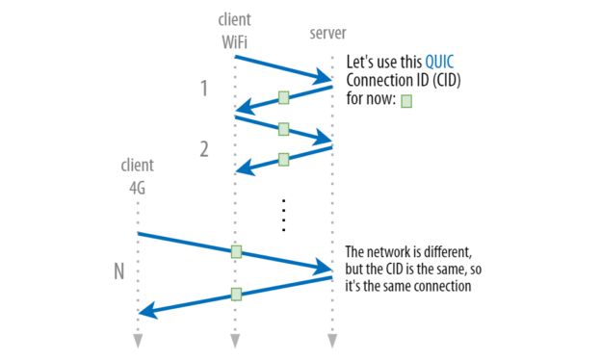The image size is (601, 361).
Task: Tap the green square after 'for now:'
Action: click(405, 100)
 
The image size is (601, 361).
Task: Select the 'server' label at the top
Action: click(327, 34)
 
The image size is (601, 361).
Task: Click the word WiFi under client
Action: click(234, 40)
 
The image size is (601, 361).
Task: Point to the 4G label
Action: click(138, 189)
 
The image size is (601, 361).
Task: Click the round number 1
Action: click(204, 90)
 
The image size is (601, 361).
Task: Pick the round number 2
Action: click(204, 149)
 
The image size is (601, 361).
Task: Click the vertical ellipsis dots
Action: click(284, 216)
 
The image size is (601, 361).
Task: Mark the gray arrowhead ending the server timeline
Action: click(331, 341)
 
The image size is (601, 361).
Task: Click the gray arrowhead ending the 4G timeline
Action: click(138, 341)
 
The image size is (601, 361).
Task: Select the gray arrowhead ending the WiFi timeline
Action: click(234, 341)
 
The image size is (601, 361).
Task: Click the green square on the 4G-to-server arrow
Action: click(236, 252)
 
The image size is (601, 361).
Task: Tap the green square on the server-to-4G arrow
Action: click(236, 294)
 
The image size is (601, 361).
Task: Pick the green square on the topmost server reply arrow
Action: click(283, 97)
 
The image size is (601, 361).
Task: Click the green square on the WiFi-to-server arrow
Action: click(283, 129)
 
